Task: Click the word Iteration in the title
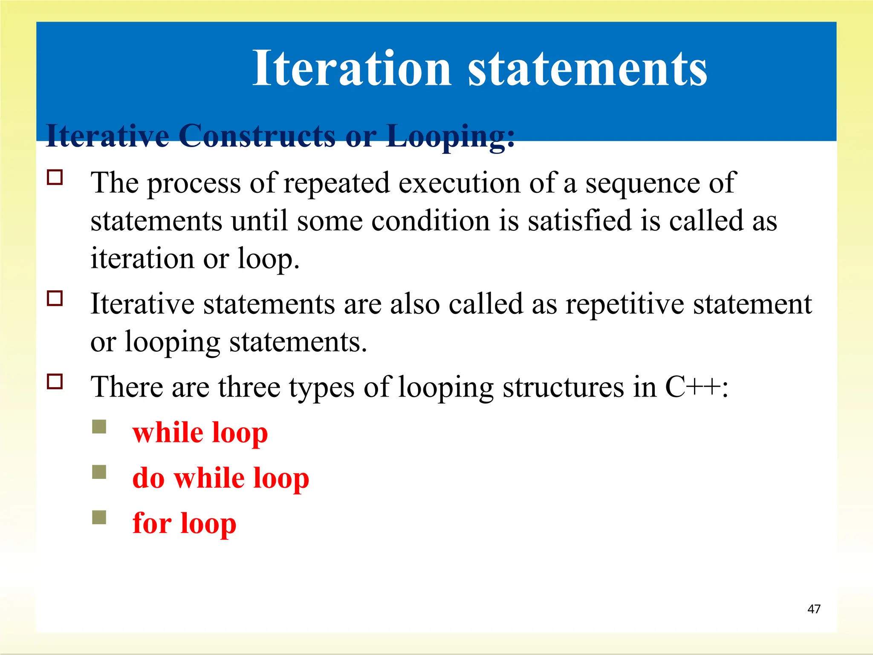(351, 68)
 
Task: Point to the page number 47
(814, 609)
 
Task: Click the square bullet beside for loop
(99, 517)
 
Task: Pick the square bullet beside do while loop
(99, 472)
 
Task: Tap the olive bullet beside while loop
(99, 426)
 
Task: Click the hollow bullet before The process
(55, 177)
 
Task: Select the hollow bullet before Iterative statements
(55, 298)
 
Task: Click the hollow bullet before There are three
(55, 381)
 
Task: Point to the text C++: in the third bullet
(697, 387)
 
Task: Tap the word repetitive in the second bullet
(624, 304)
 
